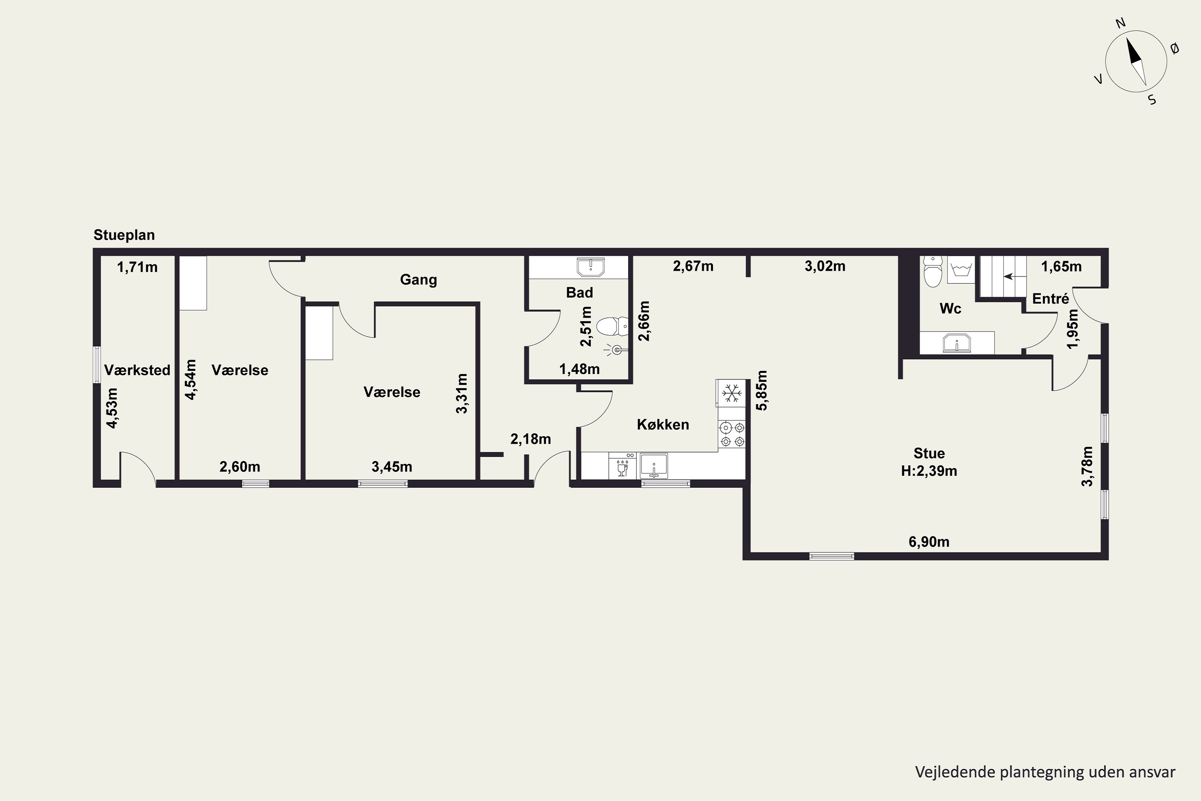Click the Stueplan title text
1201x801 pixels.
[124, 235]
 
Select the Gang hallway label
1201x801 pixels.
[418, 280]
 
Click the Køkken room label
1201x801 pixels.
[663, 425]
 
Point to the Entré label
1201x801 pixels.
[1050, 298]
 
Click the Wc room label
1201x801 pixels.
[950, 308]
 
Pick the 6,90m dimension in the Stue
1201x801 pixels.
[929, 541]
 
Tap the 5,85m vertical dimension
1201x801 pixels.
[762, 390]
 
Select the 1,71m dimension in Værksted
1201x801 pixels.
[137, 267]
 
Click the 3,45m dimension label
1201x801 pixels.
[392, 467]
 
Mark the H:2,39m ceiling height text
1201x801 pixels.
[929, 471]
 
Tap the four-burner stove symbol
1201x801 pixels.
[732, 434]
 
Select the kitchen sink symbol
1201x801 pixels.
[654, 466]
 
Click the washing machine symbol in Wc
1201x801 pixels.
[962, 270]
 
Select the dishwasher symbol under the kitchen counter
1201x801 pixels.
[623, 466]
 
